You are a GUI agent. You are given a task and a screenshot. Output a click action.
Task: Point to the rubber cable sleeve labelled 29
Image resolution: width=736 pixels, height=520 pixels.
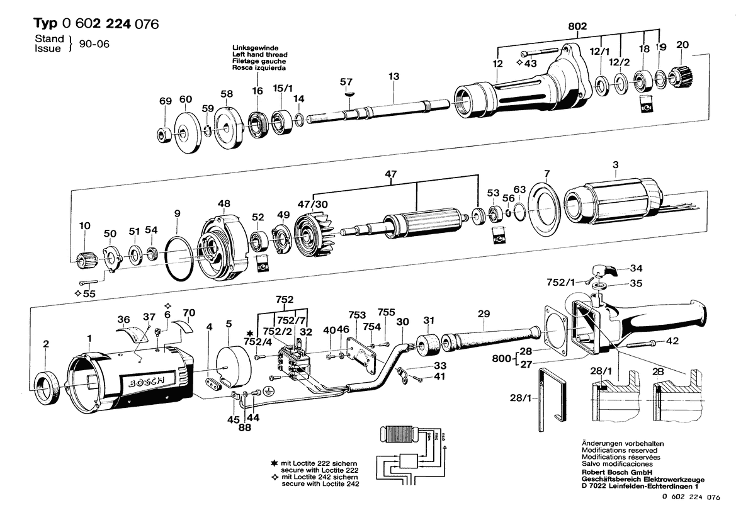click(489, 342)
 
